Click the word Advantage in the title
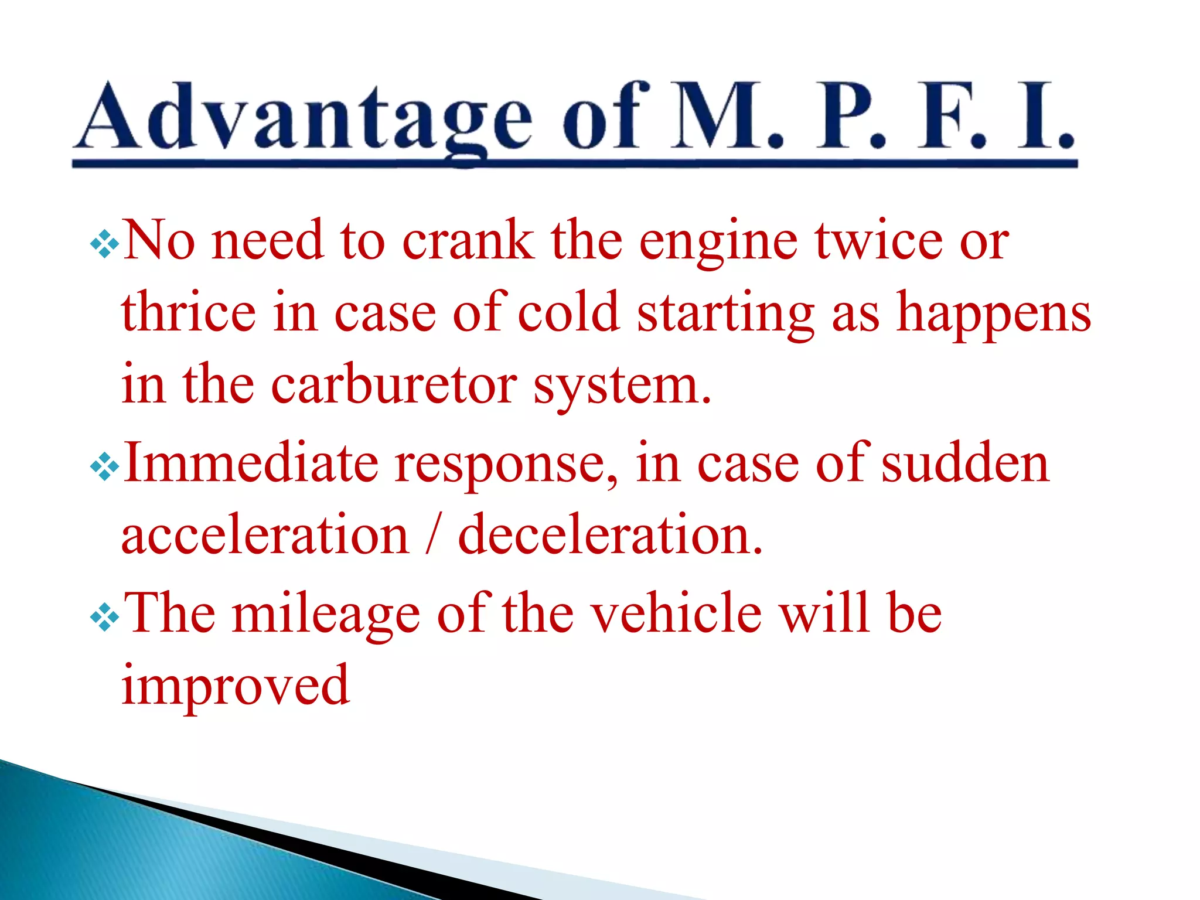click(305, 117)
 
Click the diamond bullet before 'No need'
click(105, 244)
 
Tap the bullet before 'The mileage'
click(105, 617)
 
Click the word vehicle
click(676, 612)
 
